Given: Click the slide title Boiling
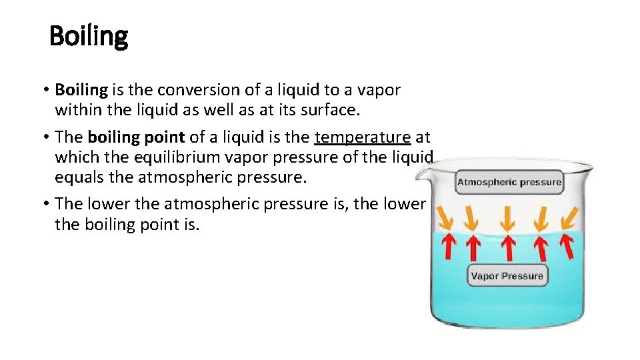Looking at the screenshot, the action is pyautogui.click(x=89, y=37).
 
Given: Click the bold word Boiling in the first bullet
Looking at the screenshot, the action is pyautogui.click(x=81, y=89).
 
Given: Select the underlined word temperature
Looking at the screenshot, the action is pyautogui.click(x=363, y=137).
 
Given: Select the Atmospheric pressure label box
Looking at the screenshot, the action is pyautogui.click(x=509, y=182).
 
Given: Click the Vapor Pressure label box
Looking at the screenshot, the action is pyautogui.click(x=507, y=276).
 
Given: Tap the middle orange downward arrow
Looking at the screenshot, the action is pyautogui.click(x=508, y=219).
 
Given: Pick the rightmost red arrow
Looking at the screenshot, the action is pyautogui.click(x=566, y=247).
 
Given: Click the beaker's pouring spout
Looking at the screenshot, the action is pyautogui.click(x=421, y=175).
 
